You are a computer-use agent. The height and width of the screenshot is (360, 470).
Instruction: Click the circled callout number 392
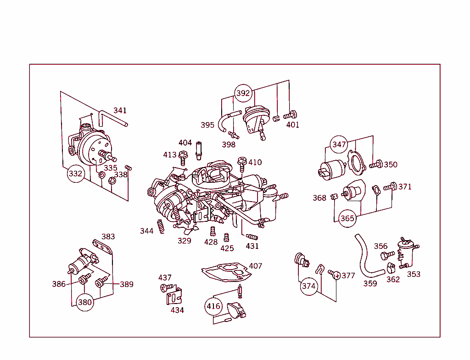243,93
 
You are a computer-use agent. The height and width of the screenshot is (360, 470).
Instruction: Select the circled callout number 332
76,174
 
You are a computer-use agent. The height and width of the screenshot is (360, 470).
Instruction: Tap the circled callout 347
339,145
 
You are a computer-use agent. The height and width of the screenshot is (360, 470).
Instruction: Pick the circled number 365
347,218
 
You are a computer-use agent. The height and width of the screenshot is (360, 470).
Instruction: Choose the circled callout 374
309,287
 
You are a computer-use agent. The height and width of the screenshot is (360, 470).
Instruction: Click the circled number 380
85,302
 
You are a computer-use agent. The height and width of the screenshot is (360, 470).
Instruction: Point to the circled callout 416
213,306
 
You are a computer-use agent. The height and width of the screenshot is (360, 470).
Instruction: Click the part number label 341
120,111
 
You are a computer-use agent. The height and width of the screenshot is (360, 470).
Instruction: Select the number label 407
256,266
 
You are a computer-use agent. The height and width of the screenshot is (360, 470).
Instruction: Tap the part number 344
147,231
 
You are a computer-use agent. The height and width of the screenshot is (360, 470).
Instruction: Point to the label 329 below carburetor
185,241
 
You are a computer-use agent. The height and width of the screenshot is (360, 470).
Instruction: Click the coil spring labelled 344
160,226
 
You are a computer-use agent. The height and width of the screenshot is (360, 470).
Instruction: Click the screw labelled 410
241,164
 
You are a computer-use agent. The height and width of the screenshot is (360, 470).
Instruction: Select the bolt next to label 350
376,164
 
